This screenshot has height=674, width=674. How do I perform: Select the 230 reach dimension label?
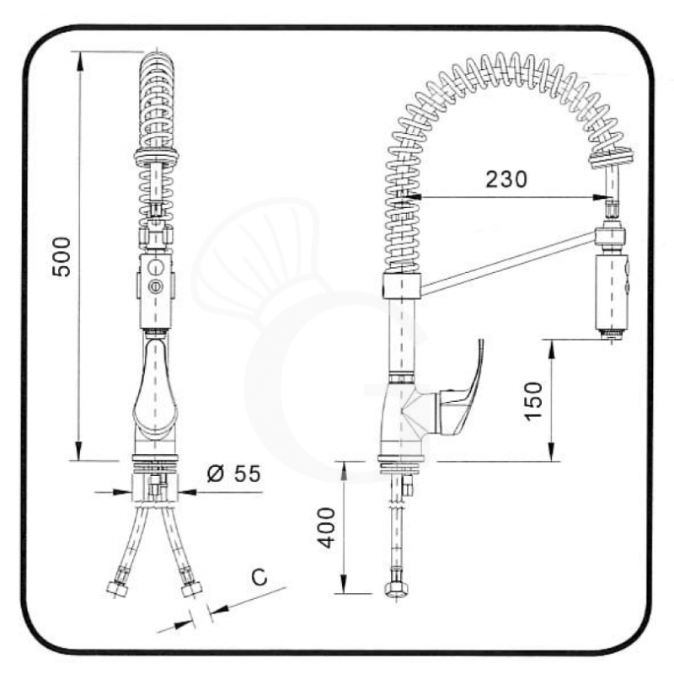pos(506,179)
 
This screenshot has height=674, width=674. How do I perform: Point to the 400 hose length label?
pos(329,527)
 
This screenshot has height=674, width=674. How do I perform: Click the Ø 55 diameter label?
pos(233,473)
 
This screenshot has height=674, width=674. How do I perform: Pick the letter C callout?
pos(260,577)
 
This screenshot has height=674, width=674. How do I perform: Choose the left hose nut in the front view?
pos(117,587)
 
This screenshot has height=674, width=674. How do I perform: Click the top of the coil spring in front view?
pos(158,59)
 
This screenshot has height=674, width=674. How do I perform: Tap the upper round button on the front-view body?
pos(153,267)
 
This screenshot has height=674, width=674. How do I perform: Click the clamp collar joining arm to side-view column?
pos(402,285)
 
